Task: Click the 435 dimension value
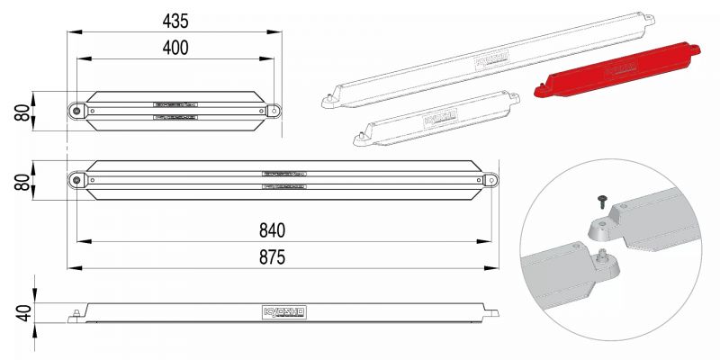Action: click(175, 20)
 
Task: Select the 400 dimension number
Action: click(175, 48)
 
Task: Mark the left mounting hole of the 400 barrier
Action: click(76, 110)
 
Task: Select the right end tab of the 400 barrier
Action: click(274, 110)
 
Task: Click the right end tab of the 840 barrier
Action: click(490, 180)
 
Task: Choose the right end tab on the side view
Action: click(491, 313)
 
